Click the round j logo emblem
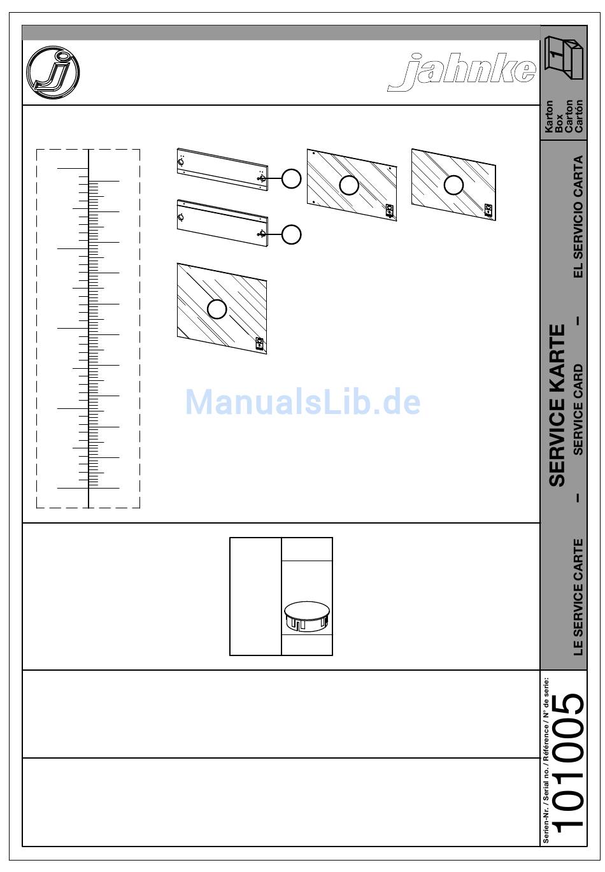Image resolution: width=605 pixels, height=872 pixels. [x=53, y=73]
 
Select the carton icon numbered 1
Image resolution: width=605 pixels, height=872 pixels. [x=564, y=57]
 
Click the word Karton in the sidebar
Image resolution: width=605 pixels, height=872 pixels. [x=548, y=117]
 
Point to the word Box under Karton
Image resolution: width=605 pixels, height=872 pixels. [x=559, y=124]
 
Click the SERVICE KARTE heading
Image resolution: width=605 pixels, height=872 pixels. [x=557, y=406]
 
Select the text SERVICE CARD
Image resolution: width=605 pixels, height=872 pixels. [x=578, y=410]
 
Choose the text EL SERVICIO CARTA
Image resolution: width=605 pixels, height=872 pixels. [x=578, y=217]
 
